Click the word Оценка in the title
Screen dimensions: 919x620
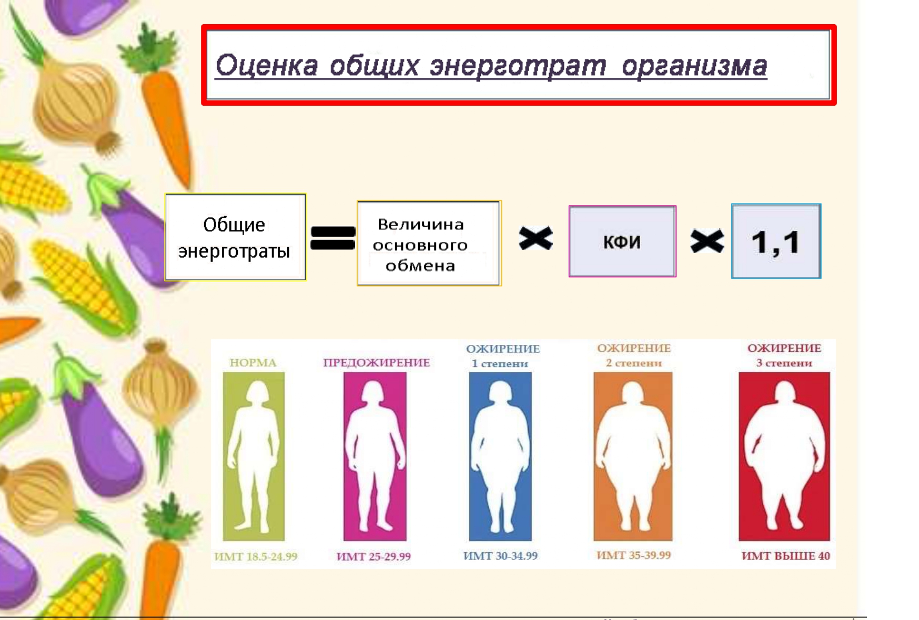[x=267, y=66]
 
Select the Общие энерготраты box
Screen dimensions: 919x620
[x=235, y=237]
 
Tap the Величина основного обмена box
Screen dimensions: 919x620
[x=429, y=243]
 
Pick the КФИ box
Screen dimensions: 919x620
[x=622, y=241]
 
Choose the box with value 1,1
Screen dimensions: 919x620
[x=776, y=241]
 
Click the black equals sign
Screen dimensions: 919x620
[x=333, y=238]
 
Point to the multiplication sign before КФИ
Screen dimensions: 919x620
[x=536, y=238]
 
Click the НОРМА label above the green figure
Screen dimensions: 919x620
[x=253, y=362]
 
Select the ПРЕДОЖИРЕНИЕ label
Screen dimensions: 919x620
[x=376, y=362]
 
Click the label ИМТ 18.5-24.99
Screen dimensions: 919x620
[x=256, y=556]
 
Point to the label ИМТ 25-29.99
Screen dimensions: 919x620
[x=373, y=556]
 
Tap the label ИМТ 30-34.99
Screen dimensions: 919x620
[x=500, y=556]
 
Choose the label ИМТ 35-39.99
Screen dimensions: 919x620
[x=633, y=555]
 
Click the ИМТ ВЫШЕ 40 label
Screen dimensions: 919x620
[x=786, y=556]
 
